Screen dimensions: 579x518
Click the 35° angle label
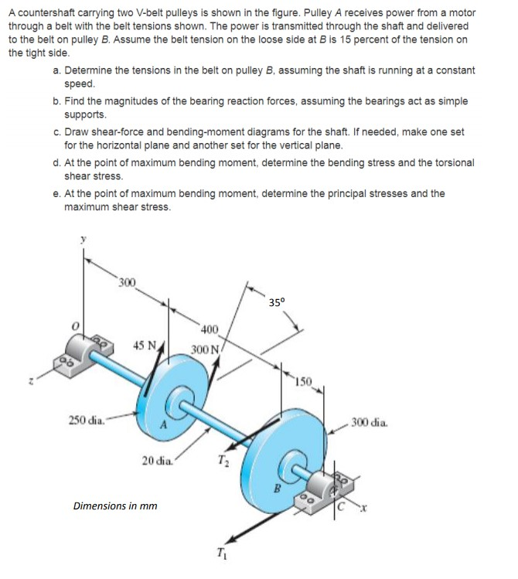[x=277, y=301]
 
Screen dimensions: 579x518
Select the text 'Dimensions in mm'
[x=114, y=506]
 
